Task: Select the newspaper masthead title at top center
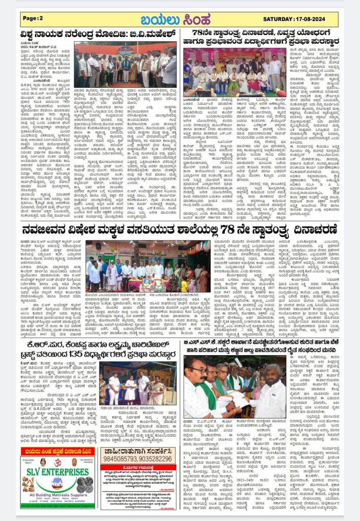pyautogui.click(x=179, y=19)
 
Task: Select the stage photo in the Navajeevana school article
pyautogui.click(x=147, y=265)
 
